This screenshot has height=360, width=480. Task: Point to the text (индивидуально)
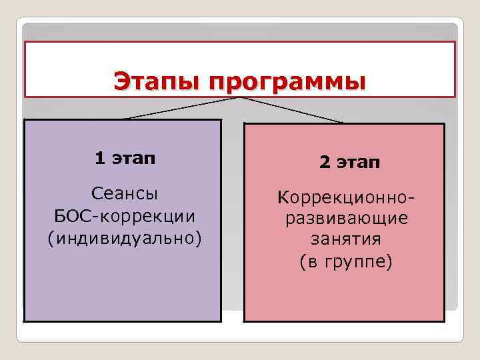point(124,238)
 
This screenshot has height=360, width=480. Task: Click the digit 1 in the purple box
point(99,158)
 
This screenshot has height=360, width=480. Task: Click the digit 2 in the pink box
point(324,163)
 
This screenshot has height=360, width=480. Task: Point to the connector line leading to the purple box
point(180,108)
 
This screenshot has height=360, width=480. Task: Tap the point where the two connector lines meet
point(238,97)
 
